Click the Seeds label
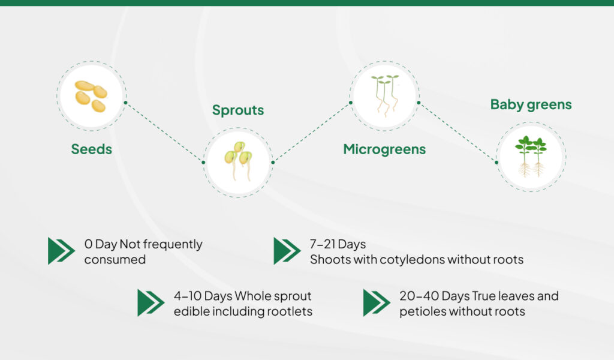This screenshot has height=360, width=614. point(91,149)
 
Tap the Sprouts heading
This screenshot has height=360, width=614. point(238,110)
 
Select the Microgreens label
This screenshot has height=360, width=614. point(384,149)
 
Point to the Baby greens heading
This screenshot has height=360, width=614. point(531,105)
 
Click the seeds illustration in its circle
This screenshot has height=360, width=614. point(91,95)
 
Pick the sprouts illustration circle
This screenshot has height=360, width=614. point(238,162)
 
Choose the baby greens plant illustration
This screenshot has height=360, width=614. point(531,157)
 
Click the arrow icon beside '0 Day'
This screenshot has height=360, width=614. point(61,251)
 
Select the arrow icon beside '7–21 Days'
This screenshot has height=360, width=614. point(287,251)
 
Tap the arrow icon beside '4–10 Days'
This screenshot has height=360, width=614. point(151,303)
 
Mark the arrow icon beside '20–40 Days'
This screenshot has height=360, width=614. point(377,303)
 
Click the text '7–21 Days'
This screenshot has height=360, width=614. point(338,245)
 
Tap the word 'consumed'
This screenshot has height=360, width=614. point(115,260)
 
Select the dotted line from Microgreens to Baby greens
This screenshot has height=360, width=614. point(458,132)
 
